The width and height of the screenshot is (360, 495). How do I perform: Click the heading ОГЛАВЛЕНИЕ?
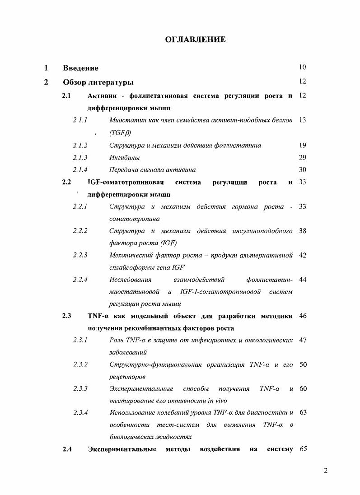[x=195, y=40]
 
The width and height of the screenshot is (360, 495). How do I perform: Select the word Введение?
[x=81, y=68]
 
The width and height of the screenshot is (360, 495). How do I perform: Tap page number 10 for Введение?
[x=303, y=68]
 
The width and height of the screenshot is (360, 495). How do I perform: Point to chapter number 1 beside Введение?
[x=46, y=68]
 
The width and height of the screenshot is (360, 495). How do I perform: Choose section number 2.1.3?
[x=80, y=158]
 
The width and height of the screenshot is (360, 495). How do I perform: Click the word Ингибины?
[x=124, y=158]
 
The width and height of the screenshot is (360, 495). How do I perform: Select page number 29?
[x=303, y=157]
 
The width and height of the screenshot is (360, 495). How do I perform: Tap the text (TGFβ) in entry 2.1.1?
[x=118, y=133]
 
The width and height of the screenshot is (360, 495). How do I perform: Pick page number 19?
[x=303, y=145]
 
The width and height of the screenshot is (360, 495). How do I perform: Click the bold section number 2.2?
[x=67, y=182]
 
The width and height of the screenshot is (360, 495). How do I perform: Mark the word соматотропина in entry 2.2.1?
[x=135, y=219]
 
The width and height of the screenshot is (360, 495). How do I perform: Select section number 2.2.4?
[x=80, y=280]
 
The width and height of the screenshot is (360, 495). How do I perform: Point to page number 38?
[x=303, y=231]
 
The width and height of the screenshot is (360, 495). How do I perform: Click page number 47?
[x=303, y=340]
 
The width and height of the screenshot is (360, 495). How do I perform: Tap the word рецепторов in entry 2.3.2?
[x=127, y=376]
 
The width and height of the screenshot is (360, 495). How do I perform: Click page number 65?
[x=303, y=449]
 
